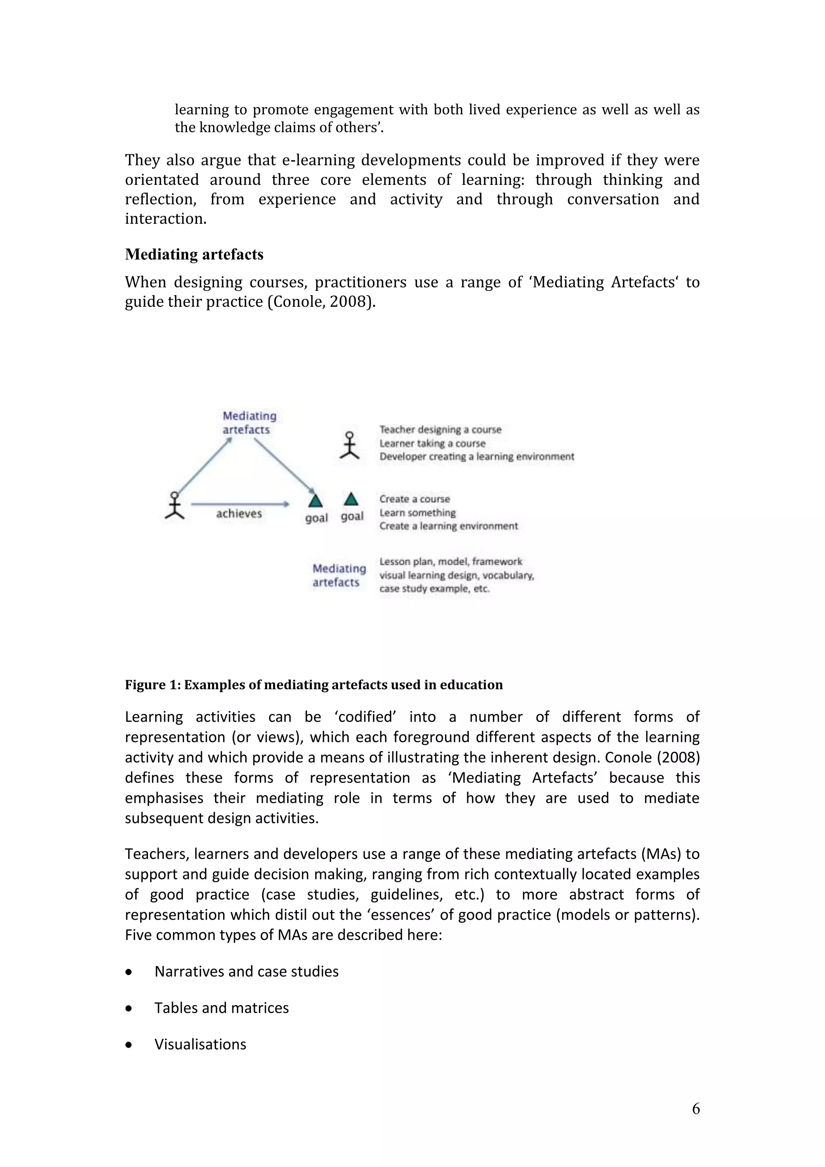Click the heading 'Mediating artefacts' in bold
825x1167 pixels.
pos(194,254)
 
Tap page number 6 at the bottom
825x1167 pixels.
pos(695,1108)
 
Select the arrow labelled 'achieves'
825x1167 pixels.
pos(240,504)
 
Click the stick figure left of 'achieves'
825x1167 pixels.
pos(174,505)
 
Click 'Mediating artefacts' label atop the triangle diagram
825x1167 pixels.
pos(249,422)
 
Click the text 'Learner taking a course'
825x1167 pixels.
pos(432,443)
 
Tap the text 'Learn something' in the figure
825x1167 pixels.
pos(417,513)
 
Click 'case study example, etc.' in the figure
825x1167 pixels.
pos(434,589)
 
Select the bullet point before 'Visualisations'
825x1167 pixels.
pos(129,1045)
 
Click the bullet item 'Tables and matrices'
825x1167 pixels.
pos(221,1008)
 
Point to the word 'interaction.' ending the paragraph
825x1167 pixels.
pos(166,219)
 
